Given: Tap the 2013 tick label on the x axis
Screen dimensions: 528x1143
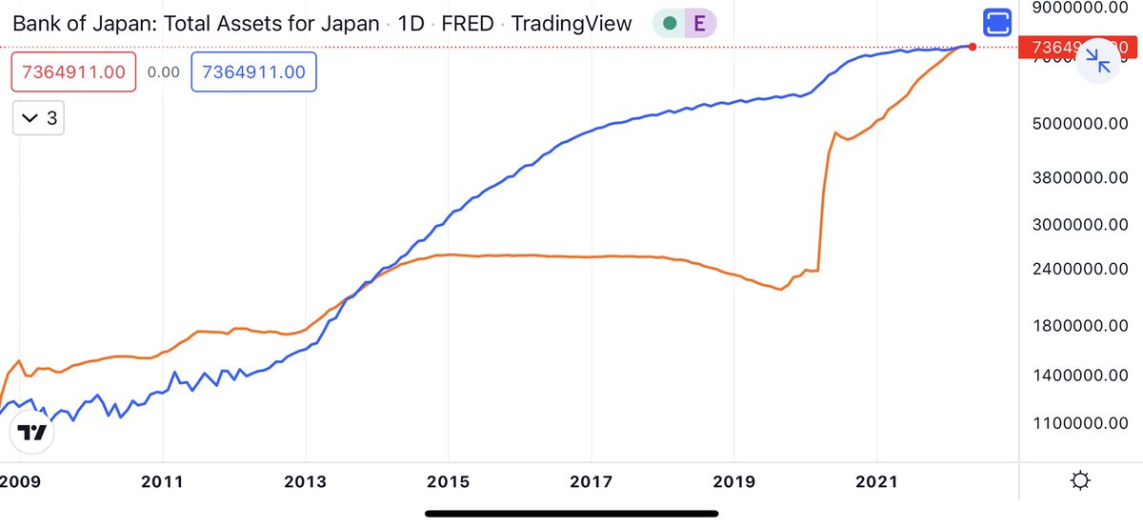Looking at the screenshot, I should pyautogui.click(x=305, y=481).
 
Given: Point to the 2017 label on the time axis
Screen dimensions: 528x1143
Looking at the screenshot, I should pyautogui.click(x=591, y=481).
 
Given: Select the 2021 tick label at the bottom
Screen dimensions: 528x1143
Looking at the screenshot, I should pyautogui.click(x=876, y=481).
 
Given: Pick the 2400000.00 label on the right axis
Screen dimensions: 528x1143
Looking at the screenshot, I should pyautogui.click(x=1079, y=271).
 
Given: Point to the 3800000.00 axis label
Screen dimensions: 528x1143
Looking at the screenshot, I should pyautogui.click(x=1079, y=177).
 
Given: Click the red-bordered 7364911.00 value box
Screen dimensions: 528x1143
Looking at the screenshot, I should pyautogui.click(x=74, y=72).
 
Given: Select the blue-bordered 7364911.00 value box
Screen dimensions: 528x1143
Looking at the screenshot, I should pyautogui.click(x=254, y=72).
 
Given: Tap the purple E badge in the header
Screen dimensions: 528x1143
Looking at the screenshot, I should pyautogui.click(x=699, y=24).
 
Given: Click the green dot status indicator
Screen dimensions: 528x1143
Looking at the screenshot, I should pyautogui.click(x=670, y=24).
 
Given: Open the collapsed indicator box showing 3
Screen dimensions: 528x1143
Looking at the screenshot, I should pyautogui.click(x=38, y=118).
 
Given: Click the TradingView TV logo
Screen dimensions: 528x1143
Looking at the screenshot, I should pyautogui.click(x=31, y=433).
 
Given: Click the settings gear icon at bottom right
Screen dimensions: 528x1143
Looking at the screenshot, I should pyautogui.click(x=1080, y=481).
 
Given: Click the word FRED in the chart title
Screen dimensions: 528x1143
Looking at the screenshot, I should pyautogui.click(x=468, y=24).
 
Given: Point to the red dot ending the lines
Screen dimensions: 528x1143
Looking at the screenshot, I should pyautogui.click(x=972, y=46).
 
